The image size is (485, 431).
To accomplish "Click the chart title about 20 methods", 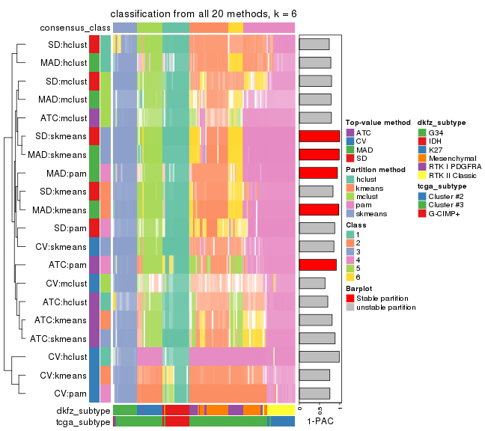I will [x=203, y=14].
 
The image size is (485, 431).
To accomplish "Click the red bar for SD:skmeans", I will [x=320, y=136].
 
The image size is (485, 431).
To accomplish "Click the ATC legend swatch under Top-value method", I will [x=350, y=132].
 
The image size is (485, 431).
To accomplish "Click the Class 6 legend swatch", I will [x=350, y=276].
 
